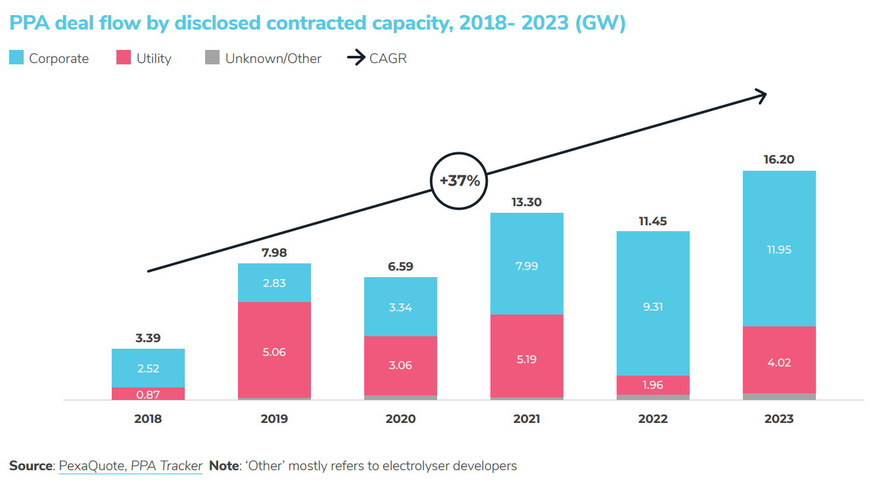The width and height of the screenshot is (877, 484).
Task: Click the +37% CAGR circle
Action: (460, 181)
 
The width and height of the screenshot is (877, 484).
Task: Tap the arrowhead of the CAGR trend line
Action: (763, 96)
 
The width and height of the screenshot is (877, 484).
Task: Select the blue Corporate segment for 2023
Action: (779, 249)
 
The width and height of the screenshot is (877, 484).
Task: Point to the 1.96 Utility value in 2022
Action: (653, 385)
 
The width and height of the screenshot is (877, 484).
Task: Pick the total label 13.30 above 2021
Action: (527, 202)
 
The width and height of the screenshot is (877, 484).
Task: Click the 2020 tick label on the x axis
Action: (400, 419)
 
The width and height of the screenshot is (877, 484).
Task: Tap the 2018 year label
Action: (148, 419)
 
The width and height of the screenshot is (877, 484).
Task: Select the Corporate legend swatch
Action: (16, 58)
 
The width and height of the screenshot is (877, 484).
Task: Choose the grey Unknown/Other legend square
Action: (212, 58)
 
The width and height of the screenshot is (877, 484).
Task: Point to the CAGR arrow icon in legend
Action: (356, 58)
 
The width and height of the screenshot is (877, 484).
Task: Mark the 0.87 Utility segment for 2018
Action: (148, 394)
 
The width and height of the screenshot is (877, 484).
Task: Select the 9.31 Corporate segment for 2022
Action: (653, 307)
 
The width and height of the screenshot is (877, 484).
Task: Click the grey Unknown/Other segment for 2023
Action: (779, 397)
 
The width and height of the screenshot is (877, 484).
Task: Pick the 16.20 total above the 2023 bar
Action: (779, 160)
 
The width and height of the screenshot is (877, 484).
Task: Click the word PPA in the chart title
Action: (30, 24)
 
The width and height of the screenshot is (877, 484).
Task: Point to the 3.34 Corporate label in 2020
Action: (400, 307)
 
